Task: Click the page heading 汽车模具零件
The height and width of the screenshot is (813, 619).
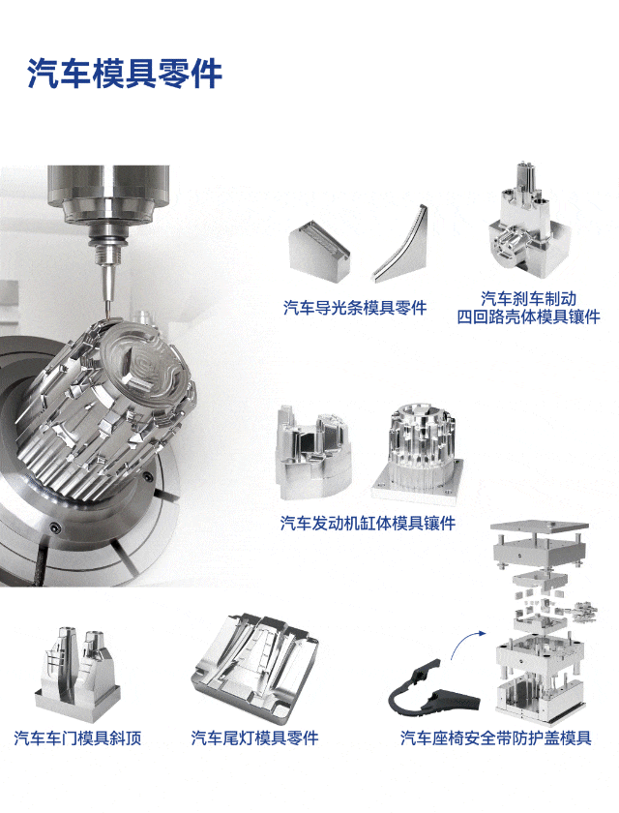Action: click(125, 74)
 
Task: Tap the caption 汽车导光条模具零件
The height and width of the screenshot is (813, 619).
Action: click(355, 308)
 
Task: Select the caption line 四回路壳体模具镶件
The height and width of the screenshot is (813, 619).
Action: click(528, 316)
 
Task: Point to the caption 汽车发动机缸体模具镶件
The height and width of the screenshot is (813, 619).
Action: click(368, 524)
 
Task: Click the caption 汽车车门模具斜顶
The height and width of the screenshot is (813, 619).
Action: click(77, 738)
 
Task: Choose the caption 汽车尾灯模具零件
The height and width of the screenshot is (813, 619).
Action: click(254, 738)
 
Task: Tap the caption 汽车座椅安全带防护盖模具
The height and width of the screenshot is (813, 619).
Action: click(496, 738)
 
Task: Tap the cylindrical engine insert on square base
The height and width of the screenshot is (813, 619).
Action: click(418, 454)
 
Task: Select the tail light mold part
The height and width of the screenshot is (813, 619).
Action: click(253, 669)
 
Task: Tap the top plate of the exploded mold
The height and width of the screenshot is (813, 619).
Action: click(540, 527)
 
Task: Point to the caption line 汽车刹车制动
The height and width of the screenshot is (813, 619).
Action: click(528, 298)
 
